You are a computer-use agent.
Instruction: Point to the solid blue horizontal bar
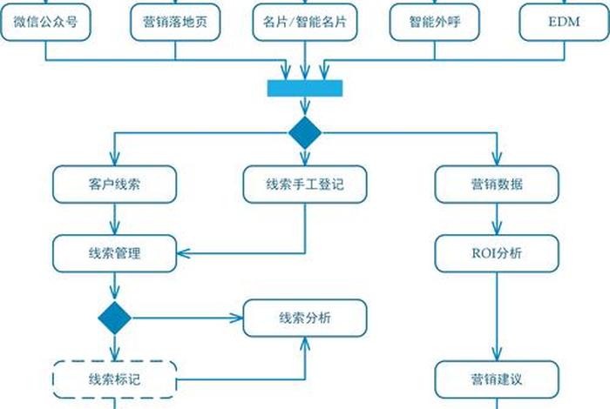pos(304,88)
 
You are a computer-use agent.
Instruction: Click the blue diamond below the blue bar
pos(305,132)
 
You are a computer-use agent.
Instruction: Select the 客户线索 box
pos(114,184)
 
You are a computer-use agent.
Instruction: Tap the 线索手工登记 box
pos(304,184)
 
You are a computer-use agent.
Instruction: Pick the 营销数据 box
pos(496,184)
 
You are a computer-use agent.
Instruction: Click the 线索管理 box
pos(114,253)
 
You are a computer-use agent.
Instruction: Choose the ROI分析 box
pos(496,253)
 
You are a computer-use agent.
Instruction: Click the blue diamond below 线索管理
pos(114,318)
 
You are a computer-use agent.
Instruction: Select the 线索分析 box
pos(304,318)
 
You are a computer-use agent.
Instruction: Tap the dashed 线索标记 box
pos(114,379)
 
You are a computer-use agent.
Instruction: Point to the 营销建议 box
pos(496,379)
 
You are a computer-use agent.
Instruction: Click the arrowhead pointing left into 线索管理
pos(184,253)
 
